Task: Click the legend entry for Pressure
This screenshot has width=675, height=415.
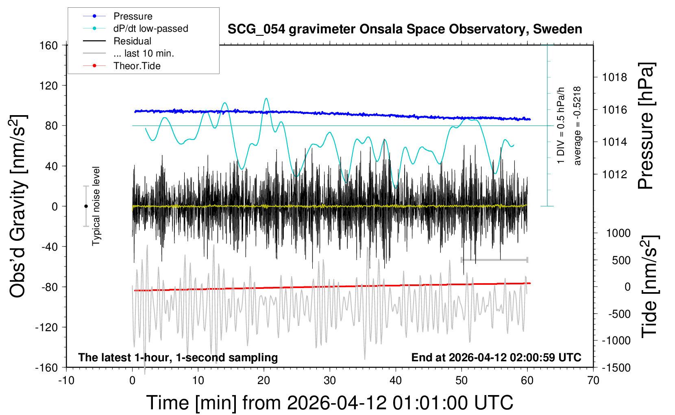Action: pos(133,16)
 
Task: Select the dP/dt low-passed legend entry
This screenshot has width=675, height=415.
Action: pos(150,28)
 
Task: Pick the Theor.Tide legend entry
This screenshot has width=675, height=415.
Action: pos(137,66)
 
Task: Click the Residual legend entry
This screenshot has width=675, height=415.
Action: pos(132,41)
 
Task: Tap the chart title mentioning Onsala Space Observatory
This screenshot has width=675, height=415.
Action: pos(405,29)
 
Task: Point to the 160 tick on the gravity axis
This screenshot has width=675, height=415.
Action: pos(49,45)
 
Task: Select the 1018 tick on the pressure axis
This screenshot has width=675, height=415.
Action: pos(614,77)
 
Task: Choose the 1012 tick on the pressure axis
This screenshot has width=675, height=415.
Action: pos(614,174)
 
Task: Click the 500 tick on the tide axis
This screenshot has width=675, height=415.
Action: pos(621,260)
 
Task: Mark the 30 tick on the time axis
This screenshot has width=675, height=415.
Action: pos(330,380)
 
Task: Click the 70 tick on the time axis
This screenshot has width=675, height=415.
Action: pos(593,380)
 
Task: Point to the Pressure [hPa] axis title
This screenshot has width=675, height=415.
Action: pos(645,126)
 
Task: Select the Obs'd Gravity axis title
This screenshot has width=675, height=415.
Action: pos(18,206)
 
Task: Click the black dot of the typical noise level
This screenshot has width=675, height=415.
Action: pos(86,206)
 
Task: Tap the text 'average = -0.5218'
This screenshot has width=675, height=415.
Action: pos(577,126)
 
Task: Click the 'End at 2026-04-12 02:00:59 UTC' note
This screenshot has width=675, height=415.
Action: pos(496,357)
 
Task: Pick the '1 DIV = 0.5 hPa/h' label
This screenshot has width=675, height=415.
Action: pos(561,126)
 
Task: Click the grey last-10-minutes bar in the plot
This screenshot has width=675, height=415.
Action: pos(494,260)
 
